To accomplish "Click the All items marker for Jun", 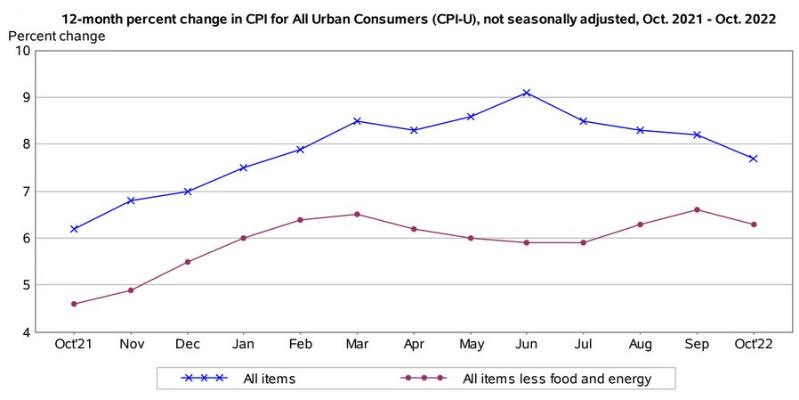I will tap(527, 93).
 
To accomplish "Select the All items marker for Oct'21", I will tap(74, 229).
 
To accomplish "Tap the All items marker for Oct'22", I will tap(753, 159).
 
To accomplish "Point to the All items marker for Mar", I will tap(357, 121).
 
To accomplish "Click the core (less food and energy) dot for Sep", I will tap(697, 210).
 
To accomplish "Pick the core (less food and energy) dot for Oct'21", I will tap(74, 304).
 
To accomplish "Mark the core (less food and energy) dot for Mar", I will tap(357, 214).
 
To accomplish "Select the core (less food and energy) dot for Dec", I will tap(187, 262).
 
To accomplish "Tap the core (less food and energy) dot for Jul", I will tap(584, 242).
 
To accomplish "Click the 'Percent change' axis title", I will tap(56, 36).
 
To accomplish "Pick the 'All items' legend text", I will tap(269, 379).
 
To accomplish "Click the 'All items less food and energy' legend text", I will tap(557, 379).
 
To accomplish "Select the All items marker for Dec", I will tap(187, 192).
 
